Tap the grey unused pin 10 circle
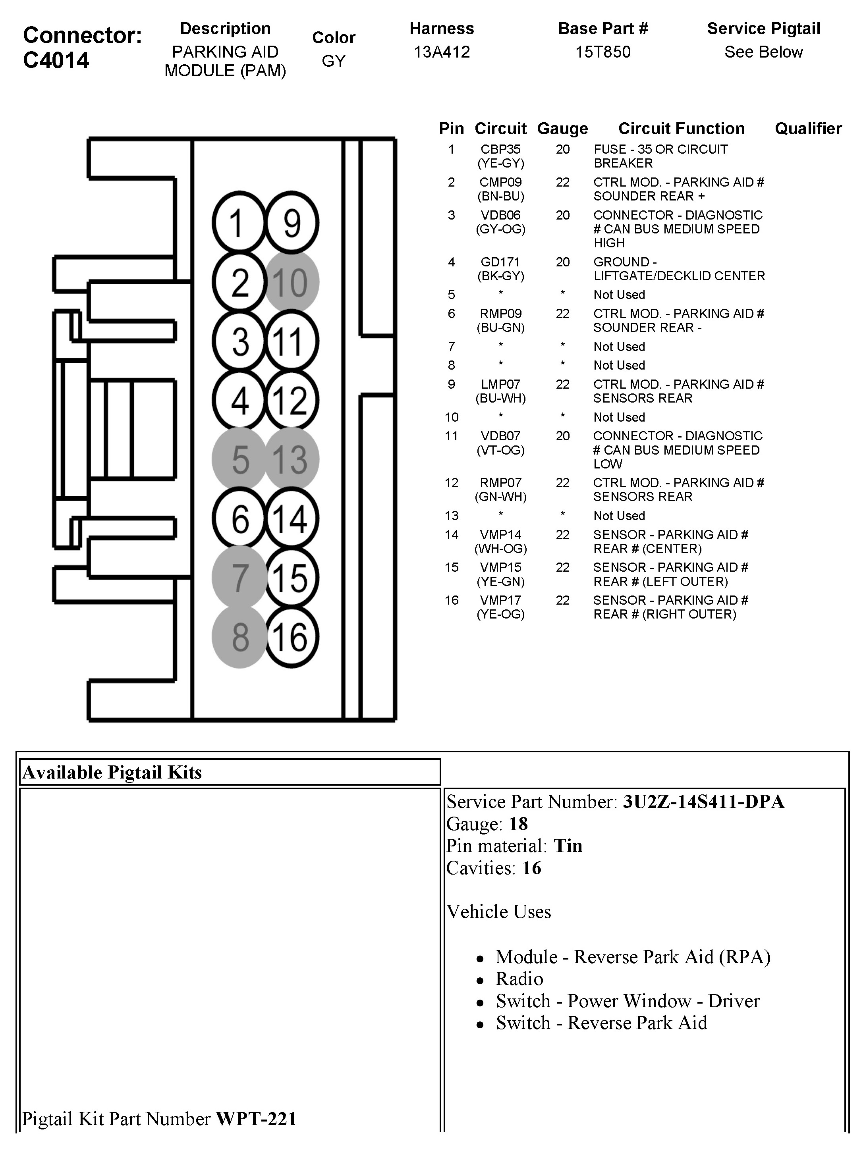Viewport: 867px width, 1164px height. (x=291, y=282)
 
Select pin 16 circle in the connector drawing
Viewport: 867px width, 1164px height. (x=291, y=637)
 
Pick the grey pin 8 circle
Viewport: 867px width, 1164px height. (x=240, y=637)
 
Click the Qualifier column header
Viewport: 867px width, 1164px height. (x=808, y=129)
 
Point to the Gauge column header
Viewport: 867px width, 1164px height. (x=562, y=129)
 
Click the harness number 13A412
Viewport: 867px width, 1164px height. (x=441, y=52)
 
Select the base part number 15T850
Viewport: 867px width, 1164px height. (x=602, y=52)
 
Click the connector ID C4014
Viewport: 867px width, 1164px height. (x=56, y=60)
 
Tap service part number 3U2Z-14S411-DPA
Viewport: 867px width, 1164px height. (x=703, y=802)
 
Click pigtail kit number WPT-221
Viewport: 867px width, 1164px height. (x=256, y=1119)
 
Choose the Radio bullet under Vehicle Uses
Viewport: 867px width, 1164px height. (x=519, y=979)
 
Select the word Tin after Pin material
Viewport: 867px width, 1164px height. (x=568, y=846)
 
